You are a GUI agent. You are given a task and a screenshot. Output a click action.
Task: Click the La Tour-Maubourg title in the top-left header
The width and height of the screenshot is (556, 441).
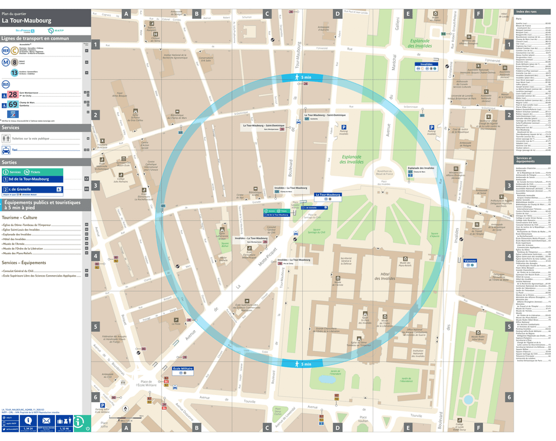(27, 21)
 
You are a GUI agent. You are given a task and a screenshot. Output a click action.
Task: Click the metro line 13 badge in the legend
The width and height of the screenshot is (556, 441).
(14, 73)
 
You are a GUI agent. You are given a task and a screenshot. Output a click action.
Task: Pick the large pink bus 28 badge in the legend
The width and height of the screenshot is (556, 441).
(12, 94)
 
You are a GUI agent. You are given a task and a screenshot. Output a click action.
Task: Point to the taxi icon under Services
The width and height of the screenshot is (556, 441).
(6, 150)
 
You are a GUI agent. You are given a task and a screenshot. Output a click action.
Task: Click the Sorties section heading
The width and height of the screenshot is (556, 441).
(9, 162)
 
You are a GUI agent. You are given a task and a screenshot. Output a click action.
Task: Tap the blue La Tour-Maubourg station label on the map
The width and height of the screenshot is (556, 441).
(327, 195)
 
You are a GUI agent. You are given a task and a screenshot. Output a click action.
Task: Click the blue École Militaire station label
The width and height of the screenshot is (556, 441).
(183, 368)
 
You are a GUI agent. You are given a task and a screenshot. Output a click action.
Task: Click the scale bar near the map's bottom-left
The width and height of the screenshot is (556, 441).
(134, 416)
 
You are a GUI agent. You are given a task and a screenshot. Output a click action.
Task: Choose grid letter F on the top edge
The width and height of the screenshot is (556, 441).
(478, 14)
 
